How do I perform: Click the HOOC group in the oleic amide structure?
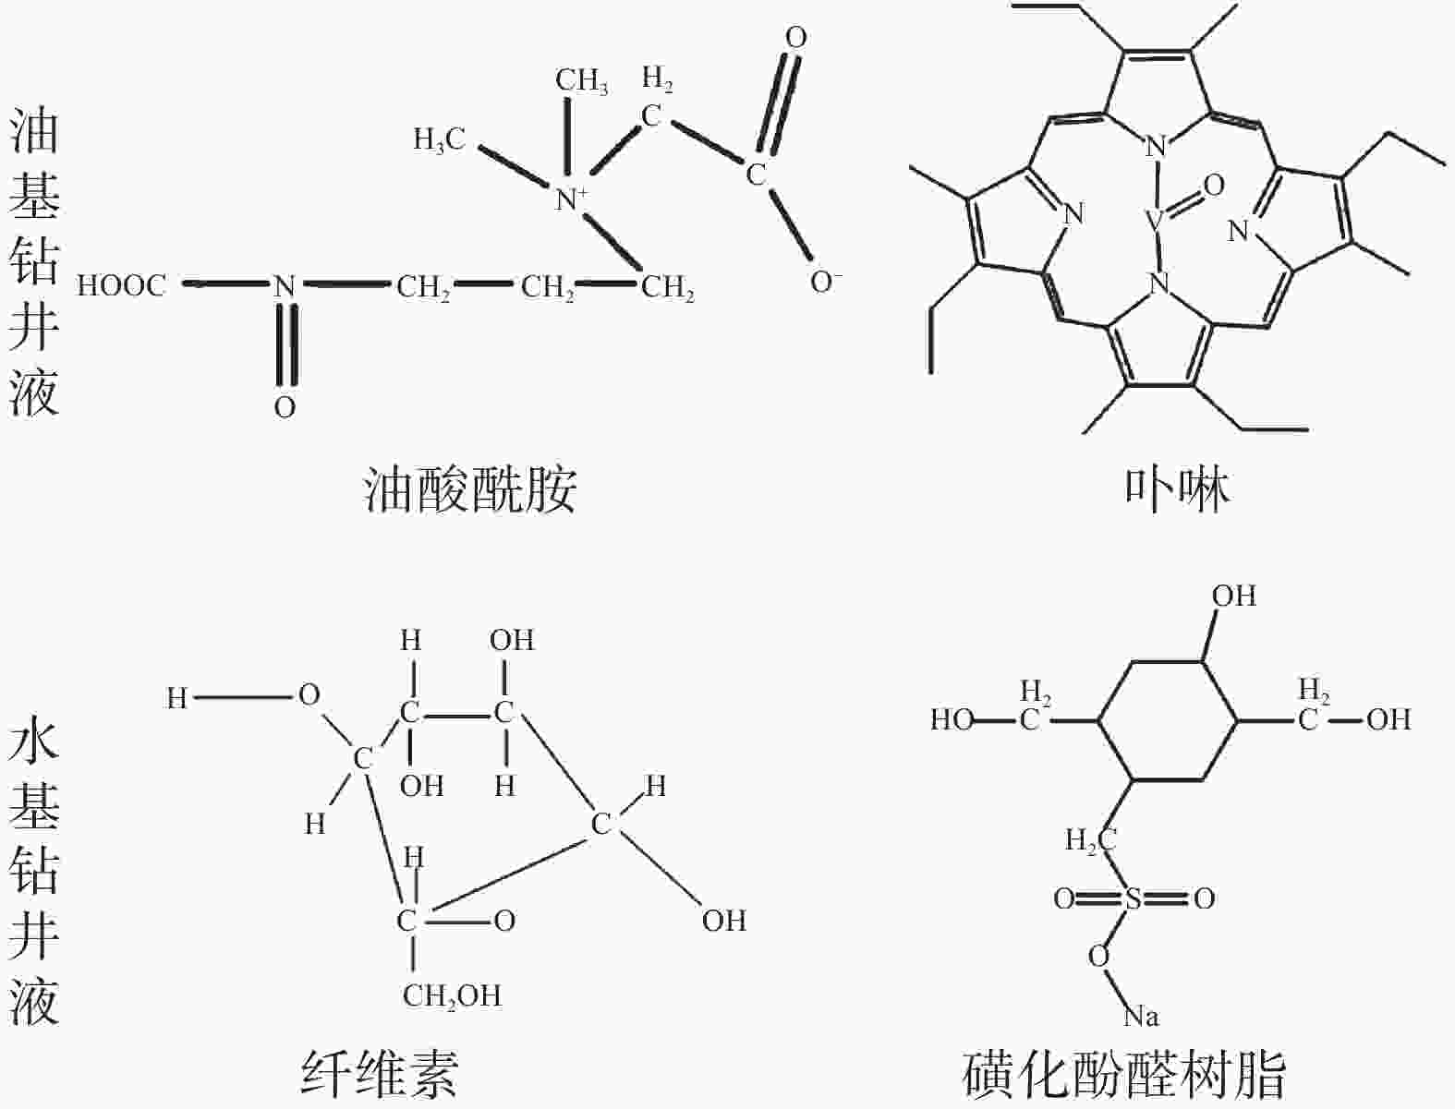pos(121,285)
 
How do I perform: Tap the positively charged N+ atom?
pos(571,199)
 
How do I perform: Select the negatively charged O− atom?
pos(825,282)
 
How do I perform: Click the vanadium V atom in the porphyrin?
pos(1154,221)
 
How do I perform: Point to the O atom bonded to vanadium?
pos(1213,186)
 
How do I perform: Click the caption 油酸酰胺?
pos(470,490)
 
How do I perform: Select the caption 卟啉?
pos(1177,489)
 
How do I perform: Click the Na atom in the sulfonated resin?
pos(1141,1017)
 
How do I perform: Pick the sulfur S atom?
pos(1134,898)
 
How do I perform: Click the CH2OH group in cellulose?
pos(452,995)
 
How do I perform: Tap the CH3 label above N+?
pos(581,80)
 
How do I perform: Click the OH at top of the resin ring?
pos(1233,596)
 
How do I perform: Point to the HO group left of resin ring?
pos(952,719)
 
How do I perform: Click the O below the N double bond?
pos(285,407)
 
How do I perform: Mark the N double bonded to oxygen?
pos(284,286)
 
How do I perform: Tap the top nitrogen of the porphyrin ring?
pos(1156,146)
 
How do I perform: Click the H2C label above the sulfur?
pos(1090,840)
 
